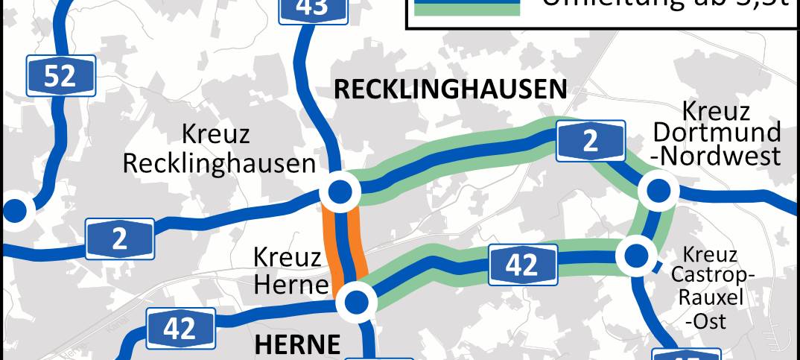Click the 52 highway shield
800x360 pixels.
(60, 75)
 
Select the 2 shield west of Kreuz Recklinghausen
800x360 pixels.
(120, 239)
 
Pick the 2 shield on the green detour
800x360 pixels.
(591, 142)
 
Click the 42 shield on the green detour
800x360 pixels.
(522, 265)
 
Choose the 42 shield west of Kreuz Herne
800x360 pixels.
(180, 329)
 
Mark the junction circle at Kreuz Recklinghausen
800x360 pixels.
(340, 192)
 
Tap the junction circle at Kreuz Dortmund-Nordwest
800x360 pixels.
(658, 192)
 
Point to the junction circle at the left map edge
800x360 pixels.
(13, 211)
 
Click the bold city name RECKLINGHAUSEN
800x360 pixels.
(450, 89)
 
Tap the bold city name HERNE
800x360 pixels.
(297, 344)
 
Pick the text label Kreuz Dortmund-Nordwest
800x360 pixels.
(716, 134)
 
